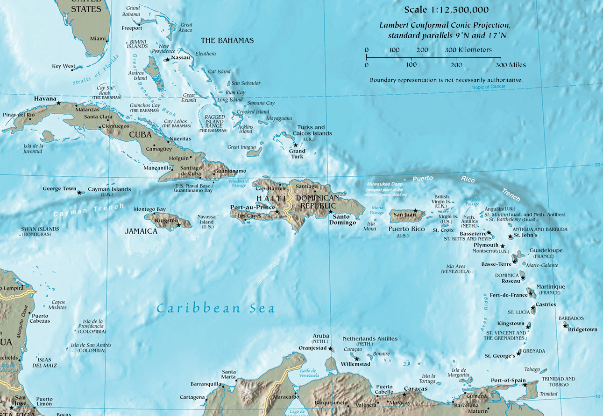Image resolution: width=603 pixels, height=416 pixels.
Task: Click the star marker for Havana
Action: [59, 102]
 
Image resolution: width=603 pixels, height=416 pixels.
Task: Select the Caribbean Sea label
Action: [215, 308]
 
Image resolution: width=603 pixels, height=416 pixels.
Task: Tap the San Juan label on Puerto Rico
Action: [404, 215]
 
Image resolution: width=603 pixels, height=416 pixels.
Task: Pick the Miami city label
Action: [98, 38]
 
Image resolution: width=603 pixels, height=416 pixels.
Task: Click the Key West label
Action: [63, 66]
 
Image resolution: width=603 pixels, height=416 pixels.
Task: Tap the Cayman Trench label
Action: [89, 210]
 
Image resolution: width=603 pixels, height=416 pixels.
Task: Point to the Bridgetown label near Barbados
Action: [582, 329]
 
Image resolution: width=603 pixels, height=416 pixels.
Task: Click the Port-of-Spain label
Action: [508, 381]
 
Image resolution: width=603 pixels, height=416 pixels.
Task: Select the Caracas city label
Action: [416, 389]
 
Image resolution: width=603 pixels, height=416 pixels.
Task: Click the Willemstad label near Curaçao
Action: [355, 364]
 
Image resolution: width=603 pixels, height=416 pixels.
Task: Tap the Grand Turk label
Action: [297, 153]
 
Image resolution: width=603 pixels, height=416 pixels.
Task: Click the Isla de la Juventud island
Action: [47, 137]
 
